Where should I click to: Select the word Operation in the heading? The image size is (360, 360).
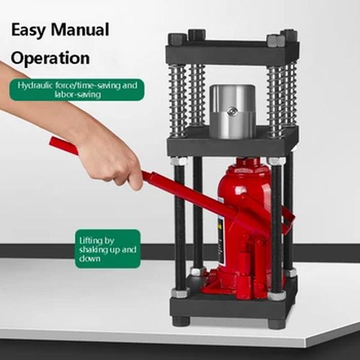(50, 58)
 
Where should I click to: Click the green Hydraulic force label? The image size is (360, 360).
(77, 89)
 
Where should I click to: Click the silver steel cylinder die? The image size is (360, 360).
(232, 111)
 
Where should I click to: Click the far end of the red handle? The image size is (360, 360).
(57, 143)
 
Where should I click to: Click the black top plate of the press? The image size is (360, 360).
(233, 53)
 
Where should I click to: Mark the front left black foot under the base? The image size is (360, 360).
(181, 321)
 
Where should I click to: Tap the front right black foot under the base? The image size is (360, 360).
(277, 323)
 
